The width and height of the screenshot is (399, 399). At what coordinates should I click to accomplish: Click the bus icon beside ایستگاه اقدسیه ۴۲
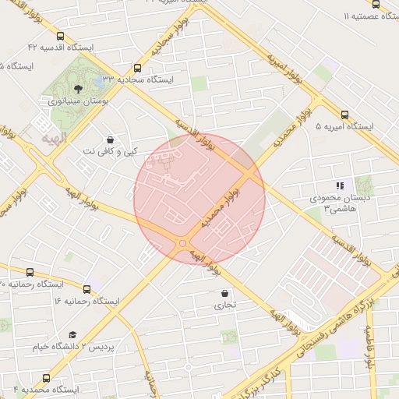(61, 36)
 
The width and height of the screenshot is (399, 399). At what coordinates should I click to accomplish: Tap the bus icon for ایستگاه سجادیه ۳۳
(138, 68)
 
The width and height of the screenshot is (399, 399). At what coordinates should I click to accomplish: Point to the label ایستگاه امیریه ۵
(345, 126)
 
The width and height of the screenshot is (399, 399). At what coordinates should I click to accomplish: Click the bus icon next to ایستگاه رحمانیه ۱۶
(86, 301)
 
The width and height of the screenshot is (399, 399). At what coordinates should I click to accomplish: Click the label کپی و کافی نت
(110, 151)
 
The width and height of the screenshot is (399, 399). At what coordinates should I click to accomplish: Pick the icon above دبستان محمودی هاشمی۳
(339, 186)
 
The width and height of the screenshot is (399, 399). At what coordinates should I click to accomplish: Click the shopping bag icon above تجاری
(225, 294)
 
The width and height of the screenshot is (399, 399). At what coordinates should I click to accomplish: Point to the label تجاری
(225, 306)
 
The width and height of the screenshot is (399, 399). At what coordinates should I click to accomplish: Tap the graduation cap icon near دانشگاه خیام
(72, 333)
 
